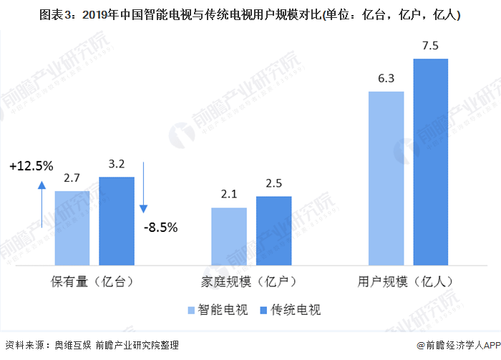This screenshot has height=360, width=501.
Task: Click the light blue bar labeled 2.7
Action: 72,228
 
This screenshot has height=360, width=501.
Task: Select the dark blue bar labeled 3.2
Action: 117,221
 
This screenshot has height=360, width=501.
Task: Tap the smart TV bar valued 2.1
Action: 229,236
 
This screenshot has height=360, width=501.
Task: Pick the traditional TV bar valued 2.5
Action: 274,230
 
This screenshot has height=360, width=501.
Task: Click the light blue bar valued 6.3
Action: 386,178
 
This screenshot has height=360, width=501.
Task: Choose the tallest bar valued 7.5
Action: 431,162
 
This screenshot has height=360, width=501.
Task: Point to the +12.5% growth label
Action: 31,166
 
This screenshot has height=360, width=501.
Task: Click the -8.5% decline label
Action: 161,228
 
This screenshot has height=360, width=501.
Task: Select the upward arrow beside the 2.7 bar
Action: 42,205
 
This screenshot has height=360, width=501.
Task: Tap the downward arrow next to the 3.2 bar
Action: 143,188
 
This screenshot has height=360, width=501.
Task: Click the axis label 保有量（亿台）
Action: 92,282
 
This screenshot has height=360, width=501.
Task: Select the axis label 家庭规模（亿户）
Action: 249,282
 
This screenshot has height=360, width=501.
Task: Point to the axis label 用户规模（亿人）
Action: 406,282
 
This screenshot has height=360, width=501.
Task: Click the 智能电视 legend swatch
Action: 191,310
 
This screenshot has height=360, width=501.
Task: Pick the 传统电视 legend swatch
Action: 263,310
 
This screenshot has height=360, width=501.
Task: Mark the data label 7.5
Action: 430,46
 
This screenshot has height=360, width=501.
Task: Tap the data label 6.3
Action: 386,79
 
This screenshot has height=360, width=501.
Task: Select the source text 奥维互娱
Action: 72,345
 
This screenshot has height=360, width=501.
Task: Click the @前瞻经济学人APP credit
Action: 459,345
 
